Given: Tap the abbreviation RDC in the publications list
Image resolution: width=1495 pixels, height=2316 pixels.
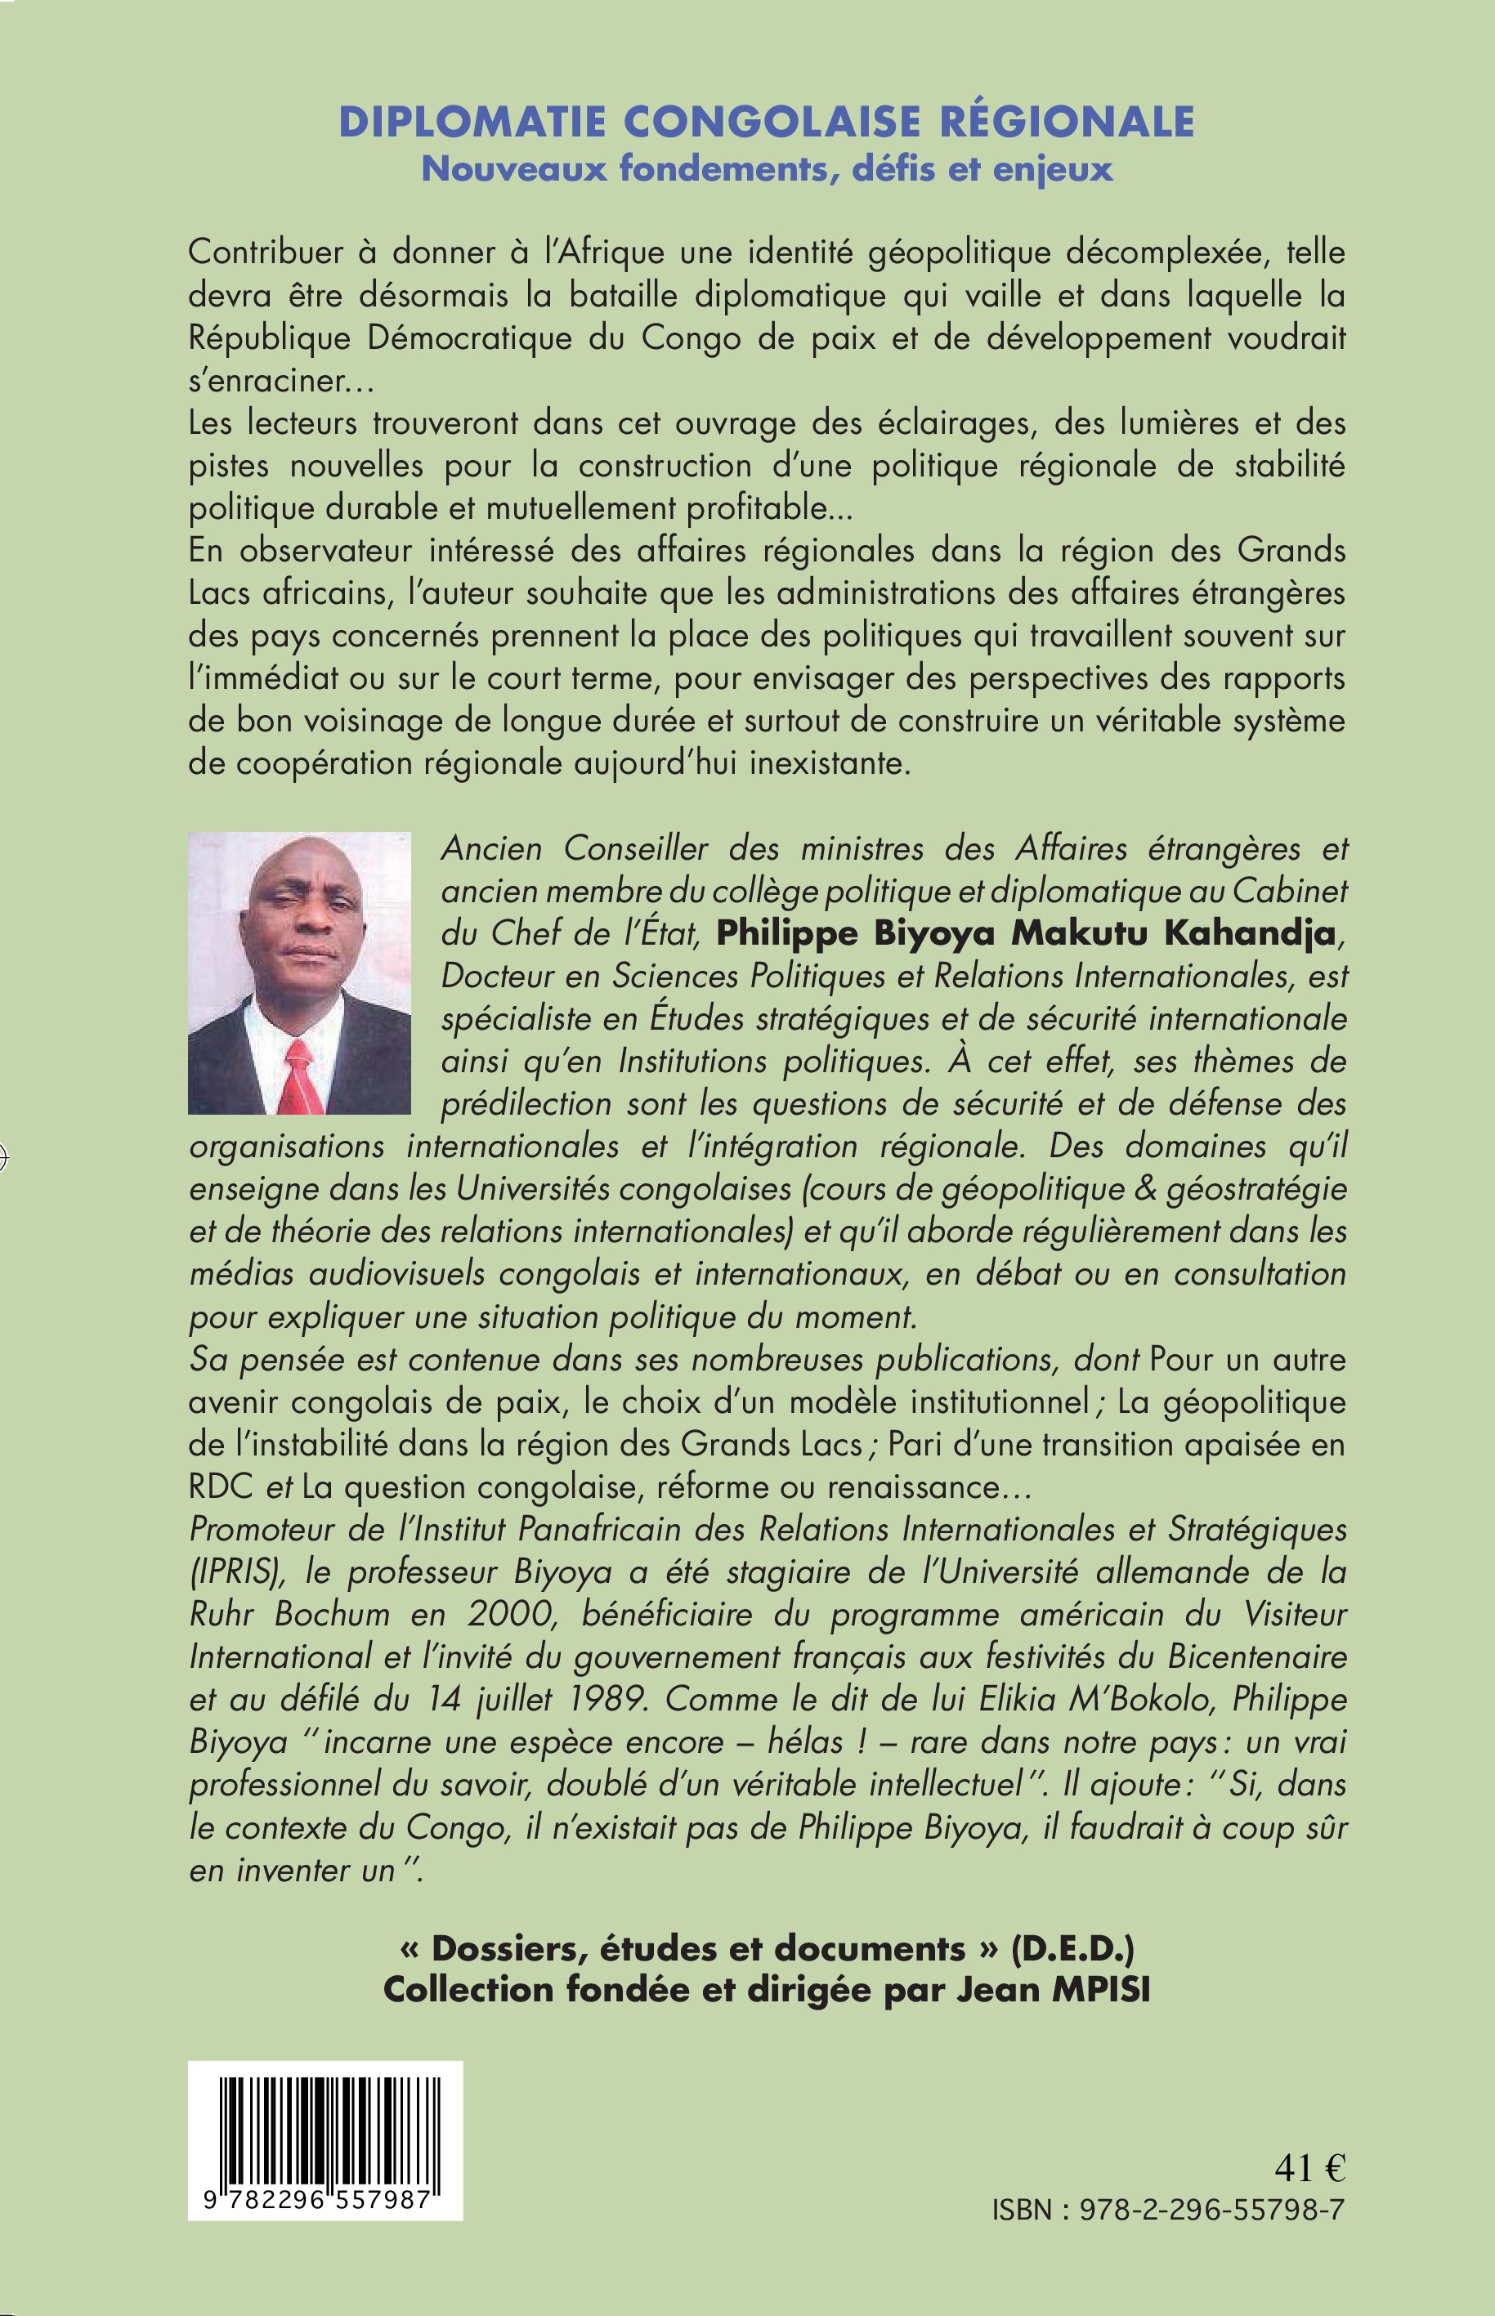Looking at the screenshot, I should (219, 1487).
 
